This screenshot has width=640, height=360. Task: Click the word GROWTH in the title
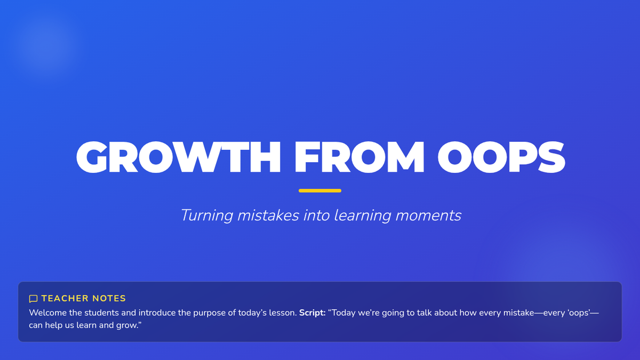pyautogui.click(x=179, y=157)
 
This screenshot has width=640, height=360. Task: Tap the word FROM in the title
pyautogui.click(x=359, y=157)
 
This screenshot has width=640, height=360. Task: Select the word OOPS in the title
pyautogui.click(x=501, y=157)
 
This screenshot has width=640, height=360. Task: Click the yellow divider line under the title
pyautogui.click(x=320, y=190)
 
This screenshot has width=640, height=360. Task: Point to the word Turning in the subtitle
pyautogui.click(x=207, y=215)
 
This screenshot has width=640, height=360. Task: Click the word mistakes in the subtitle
pyautogui.click(x=268, y=215)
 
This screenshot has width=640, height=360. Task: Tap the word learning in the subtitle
pyautogui.click(x=362, y=215)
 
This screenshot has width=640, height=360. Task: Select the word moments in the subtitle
pyautogui.click(x=428, y=215)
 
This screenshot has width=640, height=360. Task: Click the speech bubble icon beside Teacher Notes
pyautogui.click(x=33, y=299)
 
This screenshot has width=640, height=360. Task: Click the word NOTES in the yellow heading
pyautogui.click(x=109, y=298)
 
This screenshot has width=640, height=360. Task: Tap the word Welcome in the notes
pyautogui.click(x=48, y=313)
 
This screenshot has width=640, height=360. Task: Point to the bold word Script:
pyautogui.click(x=313, y=313)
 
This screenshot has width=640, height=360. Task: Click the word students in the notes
pyautogui.click(x=101, y=313)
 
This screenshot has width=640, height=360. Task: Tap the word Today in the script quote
pyautogui.click(x=342, y=313)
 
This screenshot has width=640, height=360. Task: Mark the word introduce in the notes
pyautogui.click(x=157, y=313)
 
